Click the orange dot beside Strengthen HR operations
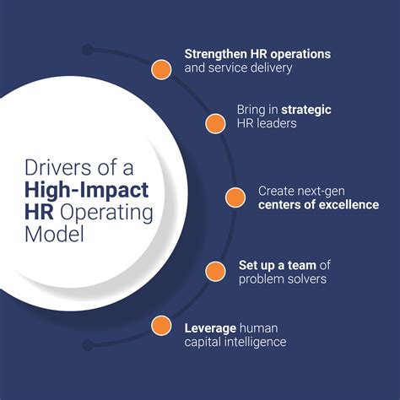[x=161, y=68]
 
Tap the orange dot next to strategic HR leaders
[x=214, y=123]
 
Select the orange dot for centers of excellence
[x=235, y=197]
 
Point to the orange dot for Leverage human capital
[x=161, y=326]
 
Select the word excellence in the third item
[x=345, y=205]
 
